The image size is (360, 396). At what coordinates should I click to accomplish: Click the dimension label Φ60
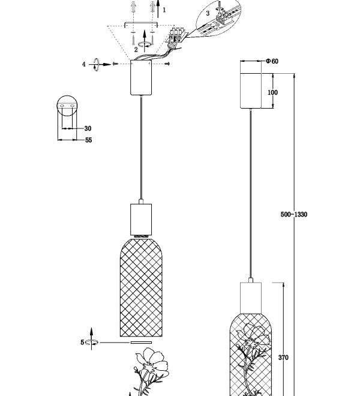(x=272, y=61)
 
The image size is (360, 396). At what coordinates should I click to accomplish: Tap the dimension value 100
(x=272, y=92)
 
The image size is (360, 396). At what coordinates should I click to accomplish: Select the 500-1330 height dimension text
(x=294, y=214)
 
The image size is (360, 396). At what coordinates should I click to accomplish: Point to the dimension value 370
(x=283, y=358)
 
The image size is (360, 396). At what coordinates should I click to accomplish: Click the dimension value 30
(x=88, y=128)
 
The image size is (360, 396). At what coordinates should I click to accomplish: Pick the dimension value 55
(x=88, y=140)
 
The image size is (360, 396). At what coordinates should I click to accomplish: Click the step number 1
(x=164, y=10)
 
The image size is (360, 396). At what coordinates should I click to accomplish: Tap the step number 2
(x=136, y=50)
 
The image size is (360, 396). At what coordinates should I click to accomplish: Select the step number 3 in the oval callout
(x=208, y=13)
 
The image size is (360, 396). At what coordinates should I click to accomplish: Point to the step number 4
(x=83, y=64)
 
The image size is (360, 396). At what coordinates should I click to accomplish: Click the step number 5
(x=82, y=343)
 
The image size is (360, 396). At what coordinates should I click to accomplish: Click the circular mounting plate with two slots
(x=67, y=106)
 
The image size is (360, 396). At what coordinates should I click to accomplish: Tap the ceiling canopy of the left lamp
(x=141, y=77)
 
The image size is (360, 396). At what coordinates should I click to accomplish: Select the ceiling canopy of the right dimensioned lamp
(x=251, y=91)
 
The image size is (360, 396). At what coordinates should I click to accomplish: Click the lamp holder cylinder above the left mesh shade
(x=141, y=219)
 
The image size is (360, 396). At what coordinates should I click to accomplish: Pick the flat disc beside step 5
(x=141, y=343)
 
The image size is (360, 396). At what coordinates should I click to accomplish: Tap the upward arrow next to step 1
(x=158, y=9)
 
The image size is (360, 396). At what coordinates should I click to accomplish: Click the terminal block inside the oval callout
(x=224, y=17)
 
